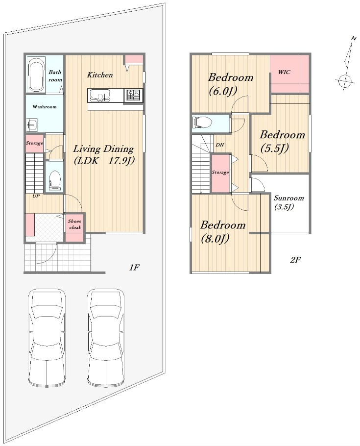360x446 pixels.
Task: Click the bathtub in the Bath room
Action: click(x=36, y=75)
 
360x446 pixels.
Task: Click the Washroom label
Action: click(x=45, y=107)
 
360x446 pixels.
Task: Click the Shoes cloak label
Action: click(x=74, y=224)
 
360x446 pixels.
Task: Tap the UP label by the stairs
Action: click(x=36, y=196)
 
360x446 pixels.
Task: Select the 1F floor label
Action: click(x=134, y=268)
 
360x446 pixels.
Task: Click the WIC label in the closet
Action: click(x=284, y=72)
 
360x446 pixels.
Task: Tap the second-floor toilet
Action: click(x=202, y=123)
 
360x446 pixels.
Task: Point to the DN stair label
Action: click(x=220, y=145)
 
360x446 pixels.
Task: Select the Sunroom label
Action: click(x=288, y=198)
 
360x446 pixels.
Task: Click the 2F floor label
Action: click(x=295, y=260)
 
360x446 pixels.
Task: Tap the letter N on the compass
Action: click(x=354, y=38)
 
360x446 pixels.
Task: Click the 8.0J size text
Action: click(x=215, y=239)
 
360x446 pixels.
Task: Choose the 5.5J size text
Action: click(x=275, y=149)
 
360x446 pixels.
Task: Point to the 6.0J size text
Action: click(x=223, y=91)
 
